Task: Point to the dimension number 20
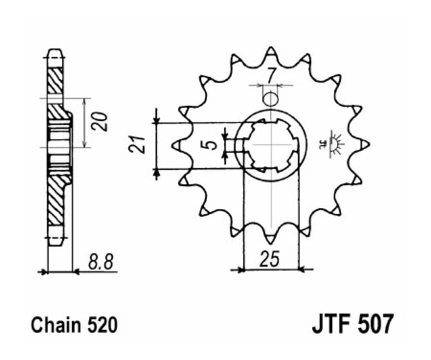pos(100,122)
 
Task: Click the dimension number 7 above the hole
pos(271,75)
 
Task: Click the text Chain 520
pos(74,325)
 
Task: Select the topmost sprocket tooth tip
pos(271,49)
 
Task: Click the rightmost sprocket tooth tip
pos(366,143)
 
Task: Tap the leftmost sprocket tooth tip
pos(176,144)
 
